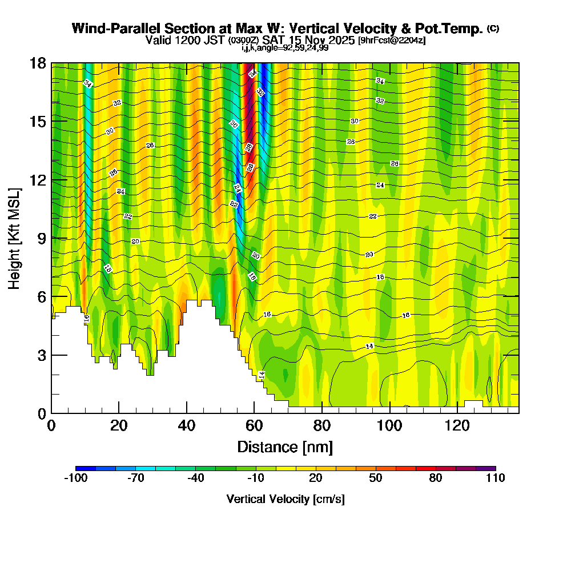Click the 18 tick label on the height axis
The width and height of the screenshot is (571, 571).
tap(38, 63)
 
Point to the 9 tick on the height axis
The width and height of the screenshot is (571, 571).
tap(51, 238)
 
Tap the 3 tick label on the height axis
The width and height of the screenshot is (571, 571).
tap(41, 355)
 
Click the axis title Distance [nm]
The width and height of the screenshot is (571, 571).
tap(285, 447)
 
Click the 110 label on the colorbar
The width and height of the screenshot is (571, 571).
tap(496, 478)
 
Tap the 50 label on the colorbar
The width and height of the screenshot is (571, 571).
tap(375, 478)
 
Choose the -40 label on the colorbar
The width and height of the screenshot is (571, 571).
tap(195, 478)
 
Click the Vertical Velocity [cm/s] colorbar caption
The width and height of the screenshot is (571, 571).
tap(285, 499)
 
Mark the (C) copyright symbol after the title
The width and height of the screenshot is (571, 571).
tap(493, 29)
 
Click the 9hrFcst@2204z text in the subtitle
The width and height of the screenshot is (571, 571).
tap(391, 41)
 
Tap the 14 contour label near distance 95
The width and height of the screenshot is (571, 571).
tap(369, 347)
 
